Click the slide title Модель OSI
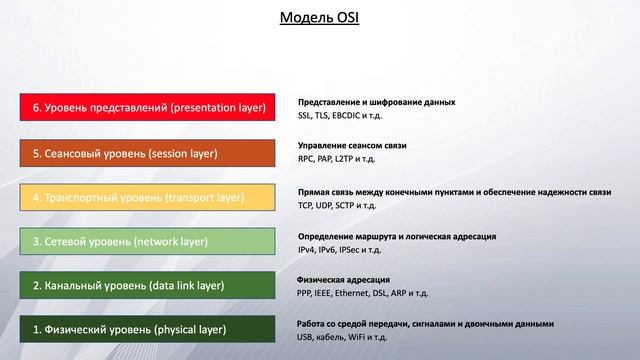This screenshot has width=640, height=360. [x=320, y=18]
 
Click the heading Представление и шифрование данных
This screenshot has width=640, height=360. [x=377, y=102]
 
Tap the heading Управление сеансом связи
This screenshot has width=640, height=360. [x=352, y=146]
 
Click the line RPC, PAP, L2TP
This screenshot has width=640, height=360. [x=336, y=160]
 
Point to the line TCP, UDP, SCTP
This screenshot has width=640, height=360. [x=337, y=205]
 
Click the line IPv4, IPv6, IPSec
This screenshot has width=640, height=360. [x=339, y=250]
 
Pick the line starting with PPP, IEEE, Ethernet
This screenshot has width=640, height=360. [x=363, y=294]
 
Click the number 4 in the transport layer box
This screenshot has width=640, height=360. [x=36, y=198]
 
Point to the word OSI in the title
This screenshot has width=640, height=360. [x=350, y=18]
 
